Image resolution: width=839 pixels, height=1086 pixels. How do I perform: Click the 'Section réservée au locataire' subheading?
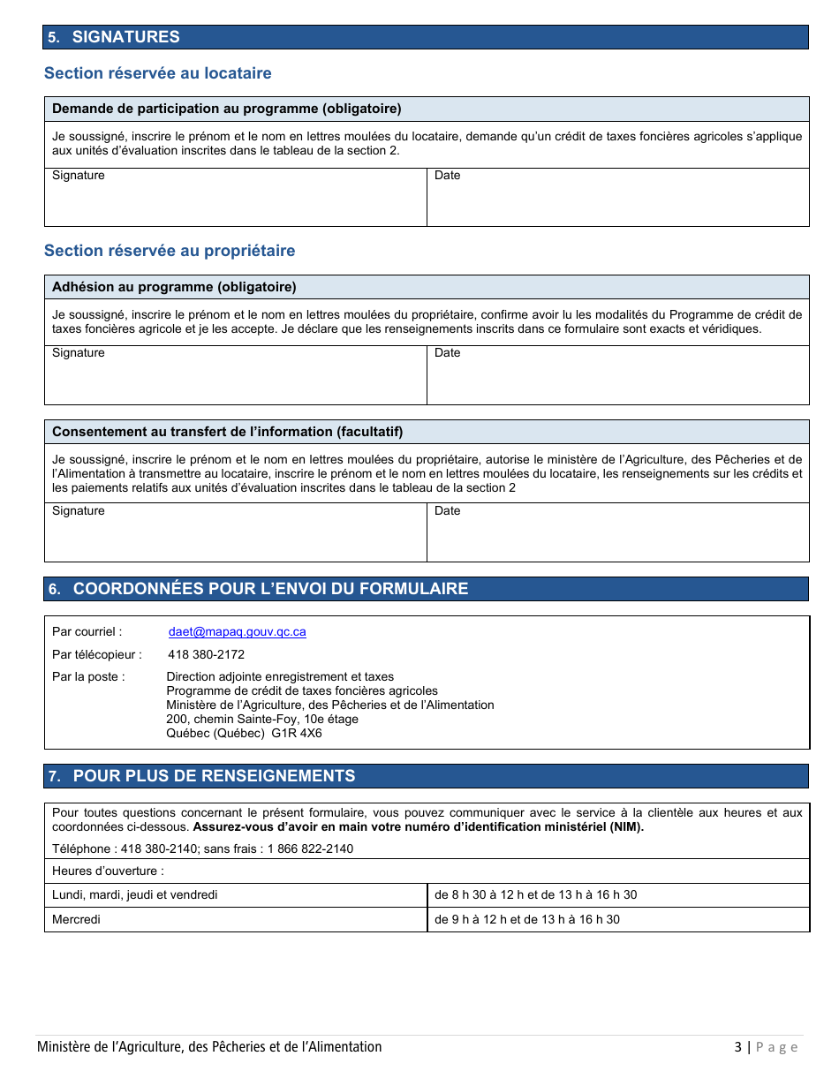tap(158, 73)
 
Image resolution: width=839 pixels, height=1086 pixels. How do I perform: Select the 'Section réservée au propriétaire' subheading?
tap(170, 251)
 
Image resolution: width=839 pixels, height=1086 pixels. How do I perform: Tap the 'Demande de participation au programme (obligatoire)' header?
tap(227, 109)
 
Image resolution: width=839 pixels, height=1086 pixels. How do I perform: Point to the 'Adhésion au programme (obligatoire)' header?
tap(174, 287)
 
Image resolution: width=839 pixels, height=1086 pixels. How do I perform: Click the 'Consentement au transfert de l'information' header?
tap(227, 432)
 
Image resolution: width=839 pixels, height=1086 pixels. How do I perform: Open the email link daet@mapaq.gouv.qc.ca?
tap(238, 632)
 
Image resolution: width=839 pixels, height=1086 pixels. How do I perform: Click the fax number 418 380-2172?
tap(206, 655)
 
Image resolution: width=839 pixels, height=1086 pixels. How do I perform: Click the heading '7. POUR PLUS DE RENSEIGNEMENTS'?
tap(214, 776)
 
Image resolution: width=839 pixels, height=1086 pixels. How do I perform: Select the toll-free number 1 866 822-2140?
tap(310, 848)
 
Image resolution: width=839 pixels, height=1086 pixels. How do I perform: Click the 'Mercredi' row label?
tap(77, 919)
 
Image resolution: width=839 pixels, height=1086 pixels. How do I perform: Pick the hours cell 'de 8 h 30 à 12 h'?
tap(535, 894)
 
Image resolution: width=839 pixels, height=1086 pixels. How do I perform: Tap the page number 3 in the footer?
tap(737, 1047)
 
